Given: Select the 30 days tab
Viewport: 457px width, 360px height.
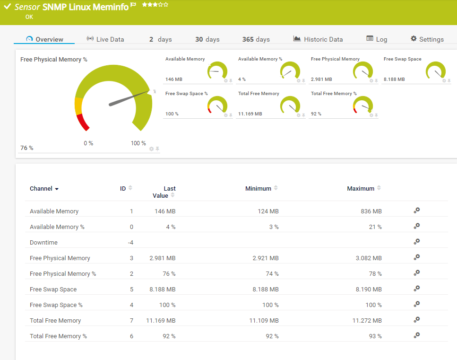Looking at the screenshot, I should [x=207, y=39].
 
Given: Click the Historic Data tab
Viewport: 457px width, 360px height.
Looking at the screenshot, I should [x=318, y=39].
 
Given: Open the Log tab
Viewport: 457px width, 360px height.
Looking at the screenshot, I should [x=377, y=39].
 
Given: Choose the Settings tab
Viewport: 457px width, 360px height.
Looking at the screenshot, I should [x=427, y=39].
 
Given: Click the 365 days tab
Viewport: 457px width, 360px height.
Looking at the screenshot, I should [x=256, y=39].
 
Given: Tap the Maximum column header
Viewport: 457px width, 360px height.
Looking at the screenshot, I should [x=361, y=188].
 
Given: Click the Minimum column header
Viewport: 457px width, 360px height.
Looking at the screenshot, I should [x=258, y=188].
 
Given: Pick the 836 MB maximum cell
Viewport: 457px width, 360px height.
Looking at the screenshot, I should [x=371, y=211].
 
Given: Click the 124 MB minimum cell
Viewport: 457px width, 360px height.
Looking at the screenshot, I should [x=268, y=211].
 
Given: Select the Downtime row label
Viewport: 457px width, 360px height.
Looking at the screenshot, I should [x=43, y=243].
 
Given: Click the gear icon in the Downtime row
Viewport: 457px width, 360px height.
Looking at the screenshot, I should [x=416, y=242].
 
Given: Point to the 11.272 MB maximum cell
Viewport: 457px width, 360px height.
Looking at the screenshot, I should [x=367, y=321].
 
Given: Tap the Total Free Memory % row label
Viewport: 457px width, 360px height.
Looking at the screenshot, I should [x=58, y=336].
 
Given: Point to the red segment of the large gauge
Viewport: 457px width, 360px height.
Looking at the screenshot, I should [x=83, y=122].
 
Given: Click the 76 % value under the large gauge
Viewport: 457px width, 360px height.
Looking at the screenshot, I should [x=27, y=148].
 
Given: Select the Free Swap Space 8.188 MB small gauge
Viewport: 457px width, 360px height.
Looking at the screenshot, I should [x=435, y=71].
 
